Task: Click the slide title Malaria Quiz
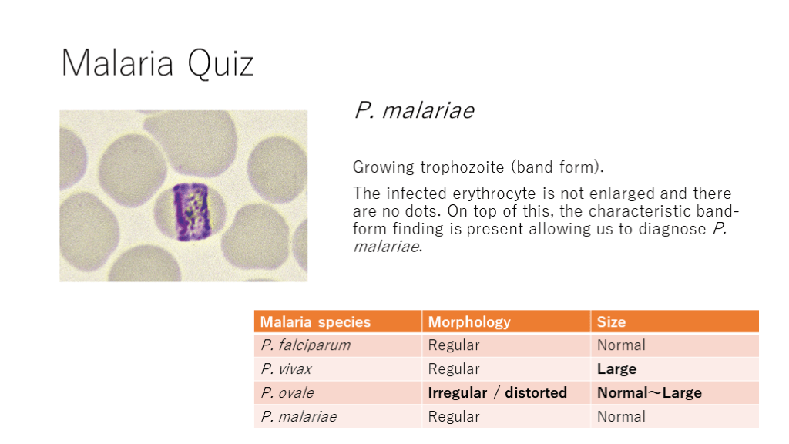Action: tap(157, 63)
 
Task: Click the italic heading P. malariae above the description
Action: tap(414, 111)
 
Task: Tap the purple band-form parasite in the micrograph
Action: tap(191, 212)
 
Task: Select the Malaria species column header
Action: tap(315, 322)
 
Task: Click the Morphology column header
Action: tap(469, 322)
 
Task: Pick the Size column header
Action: tap(611, 322)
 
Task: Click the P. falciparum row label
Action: tap(305, 345)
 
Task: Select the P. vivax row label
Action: tap(287, 369)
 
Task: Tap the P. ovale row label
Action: tap(287, 392)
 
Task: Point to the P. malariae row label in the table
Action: tap(299, 417)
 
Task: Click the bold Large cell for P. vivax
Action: tap(616, 369)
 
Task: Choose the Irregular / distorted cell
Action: tap(497, 392)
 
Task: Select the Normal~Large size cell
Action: tap(649, 392)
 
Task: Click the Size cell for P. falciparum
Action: tap(621, 345)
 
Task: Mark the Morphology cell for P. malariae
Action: tap(453, 417)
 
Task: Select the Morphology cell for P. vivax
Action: tap(453, 369)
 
